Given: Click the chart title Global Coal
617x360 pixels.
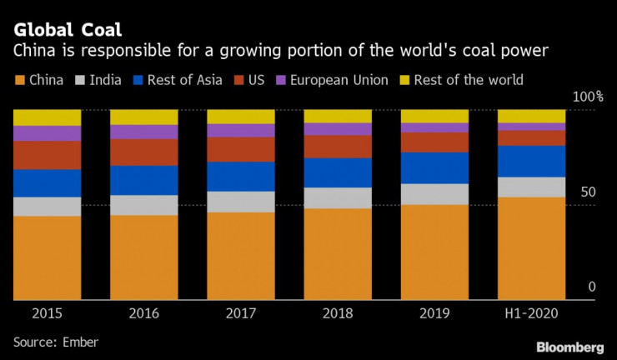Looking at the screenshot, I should (68, 31).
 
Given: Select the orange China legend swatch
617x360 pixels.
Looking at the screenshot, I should (18, 80).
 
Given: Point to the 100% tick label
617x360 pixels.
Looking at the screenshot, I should (586, 97).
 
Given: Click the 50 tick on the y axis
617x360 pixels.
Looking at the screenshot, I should (589, 192).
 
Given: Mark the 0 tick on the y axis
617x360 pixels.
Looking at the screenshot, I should (592, 287).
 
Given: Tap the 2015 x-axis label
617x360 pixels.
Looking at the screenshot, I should (47, 313).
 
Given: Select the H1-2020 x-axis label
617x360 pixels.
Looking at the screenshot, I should (531, 313).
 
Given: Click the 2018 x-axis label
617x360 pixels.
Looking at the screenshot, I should (338, 313).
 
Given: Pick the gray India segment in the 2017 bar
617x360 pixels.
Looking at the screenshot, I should (241, 202).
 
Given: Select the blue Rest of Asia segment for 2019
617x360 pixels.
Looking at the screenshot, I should (434, 167).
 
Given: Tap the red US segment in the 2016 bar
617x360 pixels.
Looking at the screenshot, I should (143, 152).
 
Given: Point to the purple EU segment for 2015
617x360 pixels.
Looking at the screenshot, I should (47, 133).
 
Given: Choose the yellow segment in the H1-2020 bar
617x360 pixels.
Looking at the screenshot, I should (531, 116).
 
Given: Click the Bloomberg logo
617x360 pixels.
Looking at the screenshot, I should (569, 346).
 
